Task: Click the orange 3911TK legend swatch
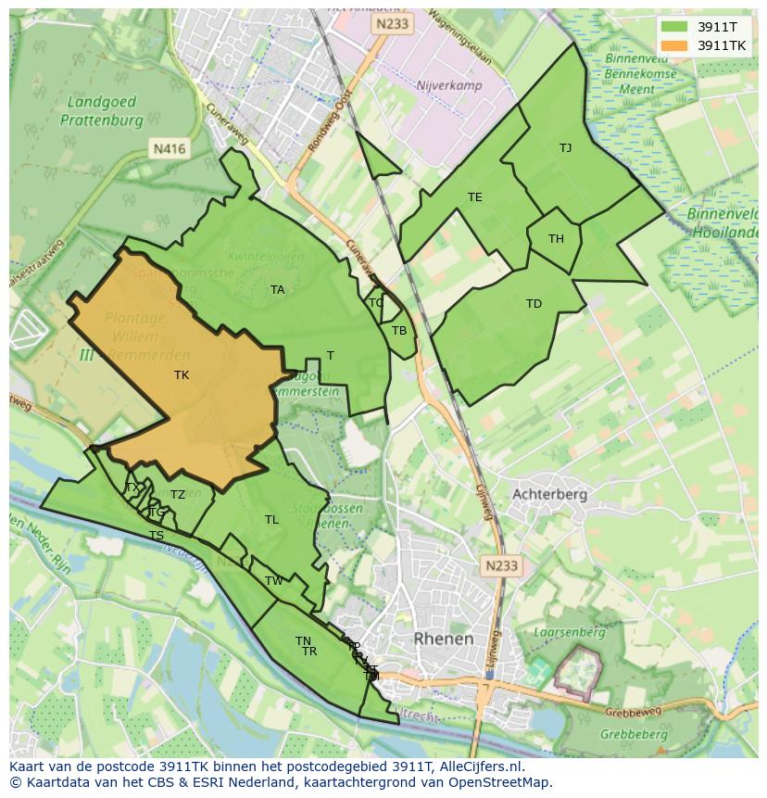[674, 45]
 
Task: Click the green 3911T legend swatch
[674, 27]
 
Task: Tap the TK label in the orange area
[182, 375]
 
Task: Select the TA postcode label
[277, 290]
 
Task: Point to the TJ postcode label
[565, 148]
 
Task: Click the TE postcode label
[475, 197]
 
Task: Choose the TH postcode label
[556, 239]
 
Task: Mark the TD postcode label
[534, 304]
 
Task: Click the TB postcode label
[399, 331]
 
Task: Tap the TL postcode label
[271, 520]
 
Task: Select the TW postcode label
[274, 581]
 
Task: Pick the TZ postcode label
[178, 495]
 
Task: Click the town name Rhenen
[444, 639]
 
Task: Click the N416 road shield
[169, 148]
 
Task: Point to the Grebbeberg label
[633, 734]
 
